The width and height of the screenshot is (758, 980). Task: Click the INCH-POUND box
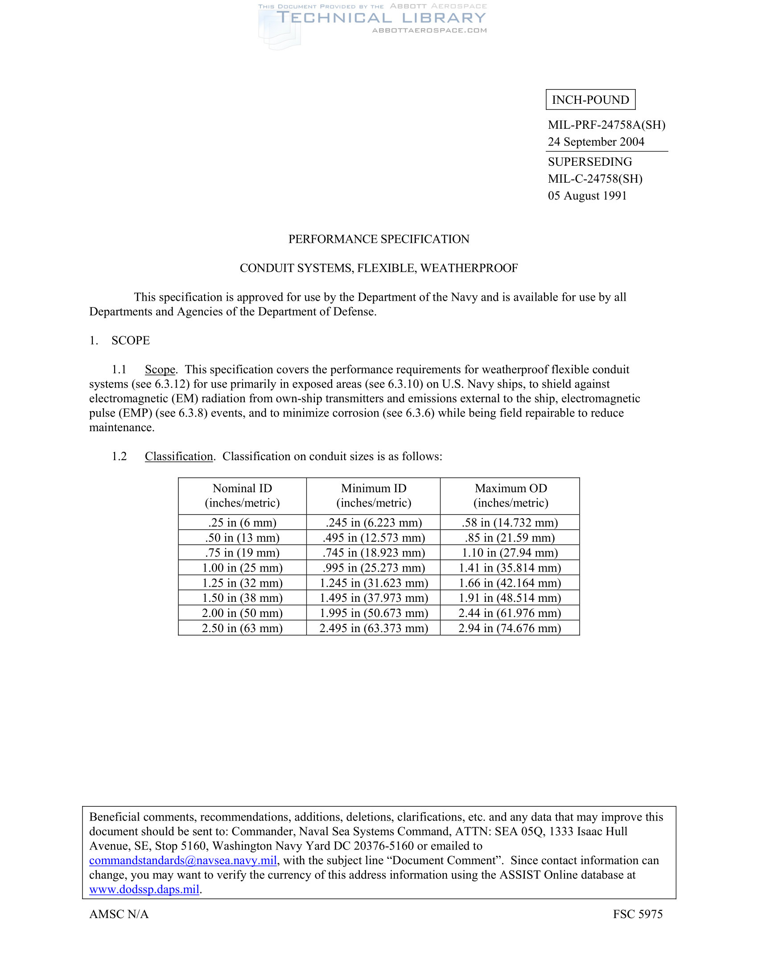(590, 100)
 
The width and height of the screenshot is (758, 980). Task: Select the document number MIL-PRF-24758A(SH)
(606, 125)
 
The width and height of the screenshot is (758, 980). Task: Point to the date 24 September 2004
(595, 142)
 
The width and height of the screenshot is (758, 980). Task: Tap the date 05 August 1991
(587, 196)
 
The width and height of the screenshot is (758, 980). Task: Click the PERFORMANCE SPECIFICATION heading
(379, 239)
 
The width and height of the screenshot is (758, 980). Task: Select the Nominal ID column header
(242, 495)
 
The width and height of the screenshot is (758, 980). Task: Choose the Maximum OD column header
(511, 495)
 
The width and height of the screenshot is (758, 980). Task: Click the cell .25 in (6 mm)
(242, 523)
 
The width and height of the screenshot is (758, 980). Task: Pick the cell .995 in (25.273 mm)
(374, 568)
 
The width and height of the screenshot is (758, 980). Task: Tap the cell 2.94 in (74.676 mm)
(510, 628)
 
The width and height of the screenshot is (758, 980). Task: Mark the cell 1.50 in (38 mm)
(242, 598)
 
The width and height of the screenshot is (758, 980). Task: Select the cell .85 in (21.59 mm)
(510, 538)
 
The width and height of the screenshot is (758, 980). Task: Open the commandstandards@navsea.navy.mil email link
(183, 860)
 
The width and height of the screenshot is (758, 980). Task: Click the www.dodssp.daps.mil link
(144, 889)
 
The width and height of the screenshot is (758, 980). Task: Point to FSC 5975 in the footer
(637, 914)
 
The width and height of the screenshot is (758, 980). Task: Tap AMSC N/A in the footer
(119, 914)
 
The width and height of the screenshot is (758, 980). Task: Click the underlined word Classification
(179, 456)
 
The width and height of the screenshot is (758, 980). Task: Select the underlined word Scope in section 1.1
(160, 369)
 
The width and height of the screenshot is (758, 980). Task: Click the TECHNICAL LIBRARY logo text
(381, 18)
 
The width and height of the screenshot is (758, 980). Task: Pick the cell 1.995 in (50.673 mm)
(374, 613)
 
